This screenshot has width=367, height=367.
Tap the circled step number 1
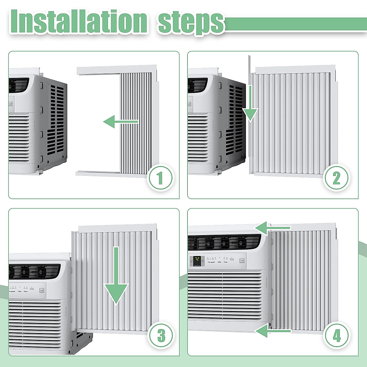click(160, 179)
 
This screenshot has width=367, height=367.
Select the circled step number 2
click(336, 178)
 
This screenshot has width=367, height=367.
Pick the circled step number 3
click(161, 336)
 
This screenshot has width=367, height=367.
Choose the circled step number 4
click(337, 336)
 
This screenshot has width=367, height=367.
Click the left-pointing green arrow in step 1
click(120, 122)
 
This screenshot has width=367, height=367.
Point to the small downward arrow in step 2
click(250, 104)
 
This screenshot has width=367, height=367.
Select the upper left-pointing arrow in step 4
click(272, 228)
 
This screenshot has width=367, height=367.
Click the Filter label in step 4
click(219, 262)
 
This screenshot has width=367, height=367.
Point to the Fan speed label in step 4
click(211, 262)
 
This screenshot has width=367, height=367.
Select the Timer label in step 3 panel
click(26, 291)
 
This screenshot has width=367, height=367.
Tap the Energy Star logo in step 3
click(42, 290)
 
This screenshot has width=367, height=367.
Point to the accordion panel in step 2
click(294, 122)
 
